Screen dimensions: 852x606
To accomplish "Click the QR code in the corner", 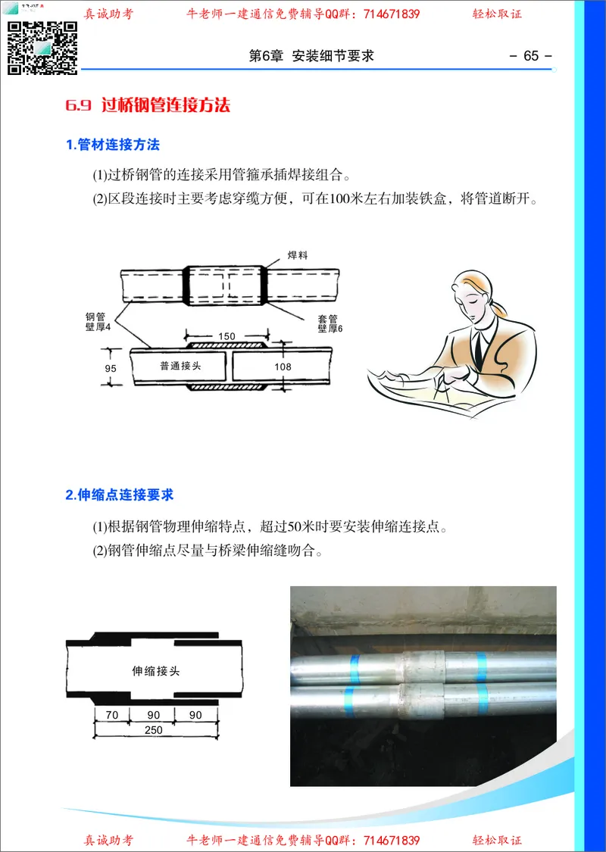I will [43, 47].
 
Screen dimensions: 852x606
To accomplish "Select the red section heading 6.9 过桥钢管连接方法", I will [148, 105].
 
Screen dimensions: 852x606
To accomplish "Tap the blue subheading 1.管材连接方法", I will [113, 145].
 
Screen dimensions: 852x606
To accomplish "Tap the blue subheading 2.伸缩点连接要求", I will [120, 495].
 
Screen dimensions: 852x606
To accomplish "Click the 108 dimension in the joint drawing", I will [283, 367].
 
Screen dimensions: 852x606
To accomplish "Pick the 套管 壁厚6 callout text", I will [330, 323].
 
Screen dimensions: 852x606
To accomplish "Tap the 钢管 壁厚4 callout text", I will [98, 321].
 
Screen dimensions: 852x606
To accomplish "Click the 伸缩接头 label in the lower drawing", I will [155, 670].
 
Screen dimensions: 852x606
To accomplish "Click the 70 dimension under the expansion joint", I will [112, 715].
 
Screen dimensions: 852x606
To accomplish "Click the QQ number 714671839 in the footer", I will [392, 841].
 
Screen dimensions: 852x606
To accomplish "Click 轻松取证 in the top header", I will [497, 14].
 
